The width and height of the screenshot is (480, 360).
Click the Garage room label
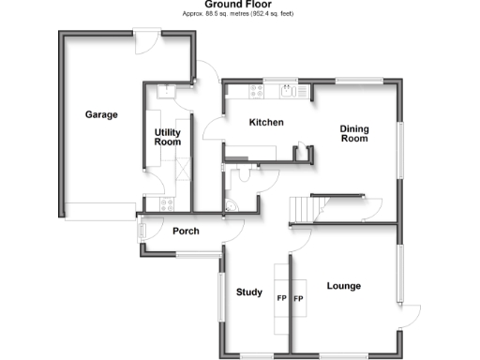click(x=101, y=115)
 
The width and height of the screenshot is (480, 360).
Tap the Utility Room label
click(x=167, y=137)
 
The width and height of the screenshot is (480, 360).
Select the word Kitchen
click(x=265, y=123)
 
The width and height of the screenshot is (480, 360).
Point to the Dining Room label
click(x=353, y=133)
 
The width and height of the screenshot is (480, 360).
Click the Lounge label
click(x=344, y=285)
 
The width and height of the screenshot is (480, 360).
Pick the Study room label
click(x=248, y=292)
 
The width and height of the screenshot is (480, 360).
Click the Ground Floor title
click(x=239, y=5)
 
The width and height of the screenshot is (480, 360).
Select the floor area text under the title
click(x=239, y=15)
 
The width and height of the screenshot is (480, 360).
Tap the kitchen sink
click(x=289, y=91)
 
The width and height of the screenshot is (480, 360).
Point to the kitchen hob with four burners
click(x=255, y=91)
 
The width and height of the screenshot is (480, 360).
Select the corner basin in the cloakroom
click(x=230, y=207)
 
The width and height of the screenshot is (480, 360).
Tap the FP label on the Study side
click(x=280, y=299)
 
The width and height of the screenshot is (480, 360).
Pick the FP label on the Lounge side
click(x=300, y=299)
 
